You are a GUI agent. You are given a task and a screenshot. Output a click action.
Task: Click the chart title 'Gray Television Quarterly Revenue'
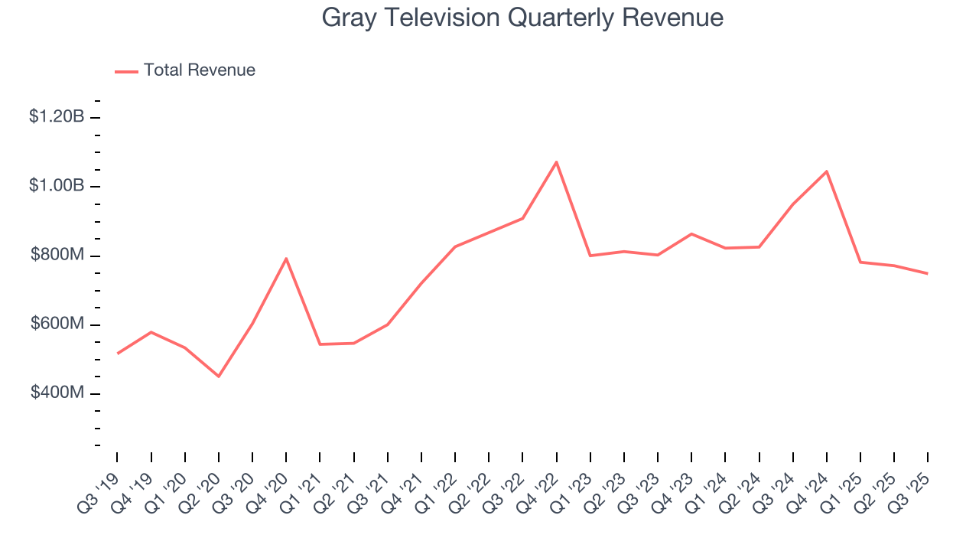pos(522,17)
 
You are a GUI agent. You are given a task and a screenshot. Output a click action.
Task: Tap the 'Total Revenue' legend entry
pos(199,70)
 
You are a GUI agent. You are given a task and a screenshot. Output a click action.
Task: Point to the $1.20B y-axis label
pos(57,117)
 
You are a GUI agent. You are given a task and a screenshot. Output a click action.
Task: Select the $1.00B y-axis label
pos(57,186)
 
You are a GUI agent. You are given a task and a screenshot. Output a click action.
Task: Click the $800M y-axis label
pos(57,255)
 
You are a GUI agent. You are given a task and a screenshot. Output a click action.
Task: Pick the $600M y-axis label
pos(57,324)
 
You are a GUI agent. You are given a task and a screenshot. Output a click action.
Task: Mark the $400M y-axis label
pos(57,393)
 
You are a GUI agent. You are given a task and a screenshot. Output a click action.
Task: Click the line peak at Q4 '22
pos(556,161)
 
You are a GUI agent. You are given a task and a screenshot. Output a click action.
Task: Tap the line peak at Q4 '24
pos(826,171)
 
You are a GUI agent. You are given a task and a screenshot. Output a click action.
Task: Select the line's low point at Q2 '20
pos(219,377)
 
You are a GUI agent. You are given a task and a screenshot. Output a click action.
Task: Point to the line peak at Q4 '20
pos(286,259)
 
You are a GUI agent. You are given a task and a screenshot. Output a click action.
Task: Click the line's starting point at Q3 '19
pos(117,354)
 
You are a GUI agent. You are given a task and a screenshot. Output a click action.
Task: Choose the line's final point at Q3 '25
pos(927,273)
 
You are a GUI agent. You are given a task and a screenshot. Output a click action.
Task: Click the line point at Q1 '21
pos(320,344)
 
